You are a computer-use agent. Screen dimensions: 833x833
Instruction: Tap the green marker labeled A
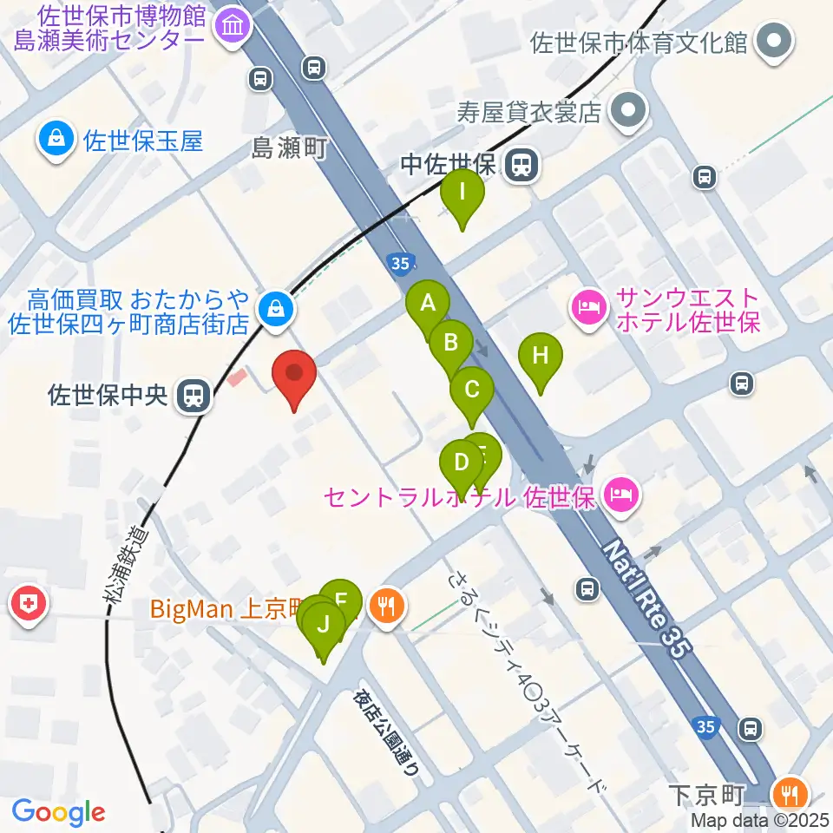428,304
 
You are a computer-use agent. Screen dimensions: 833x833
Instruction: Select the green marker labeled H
541,356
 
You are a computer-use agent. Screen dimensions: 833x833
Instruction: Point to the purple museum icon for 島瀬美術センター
233,26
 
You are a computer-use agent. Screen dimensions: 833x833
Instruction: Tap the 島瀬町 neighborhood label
289,148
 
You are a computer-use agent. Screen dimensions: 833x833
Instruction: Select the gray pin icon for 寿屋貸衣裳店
627,112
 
